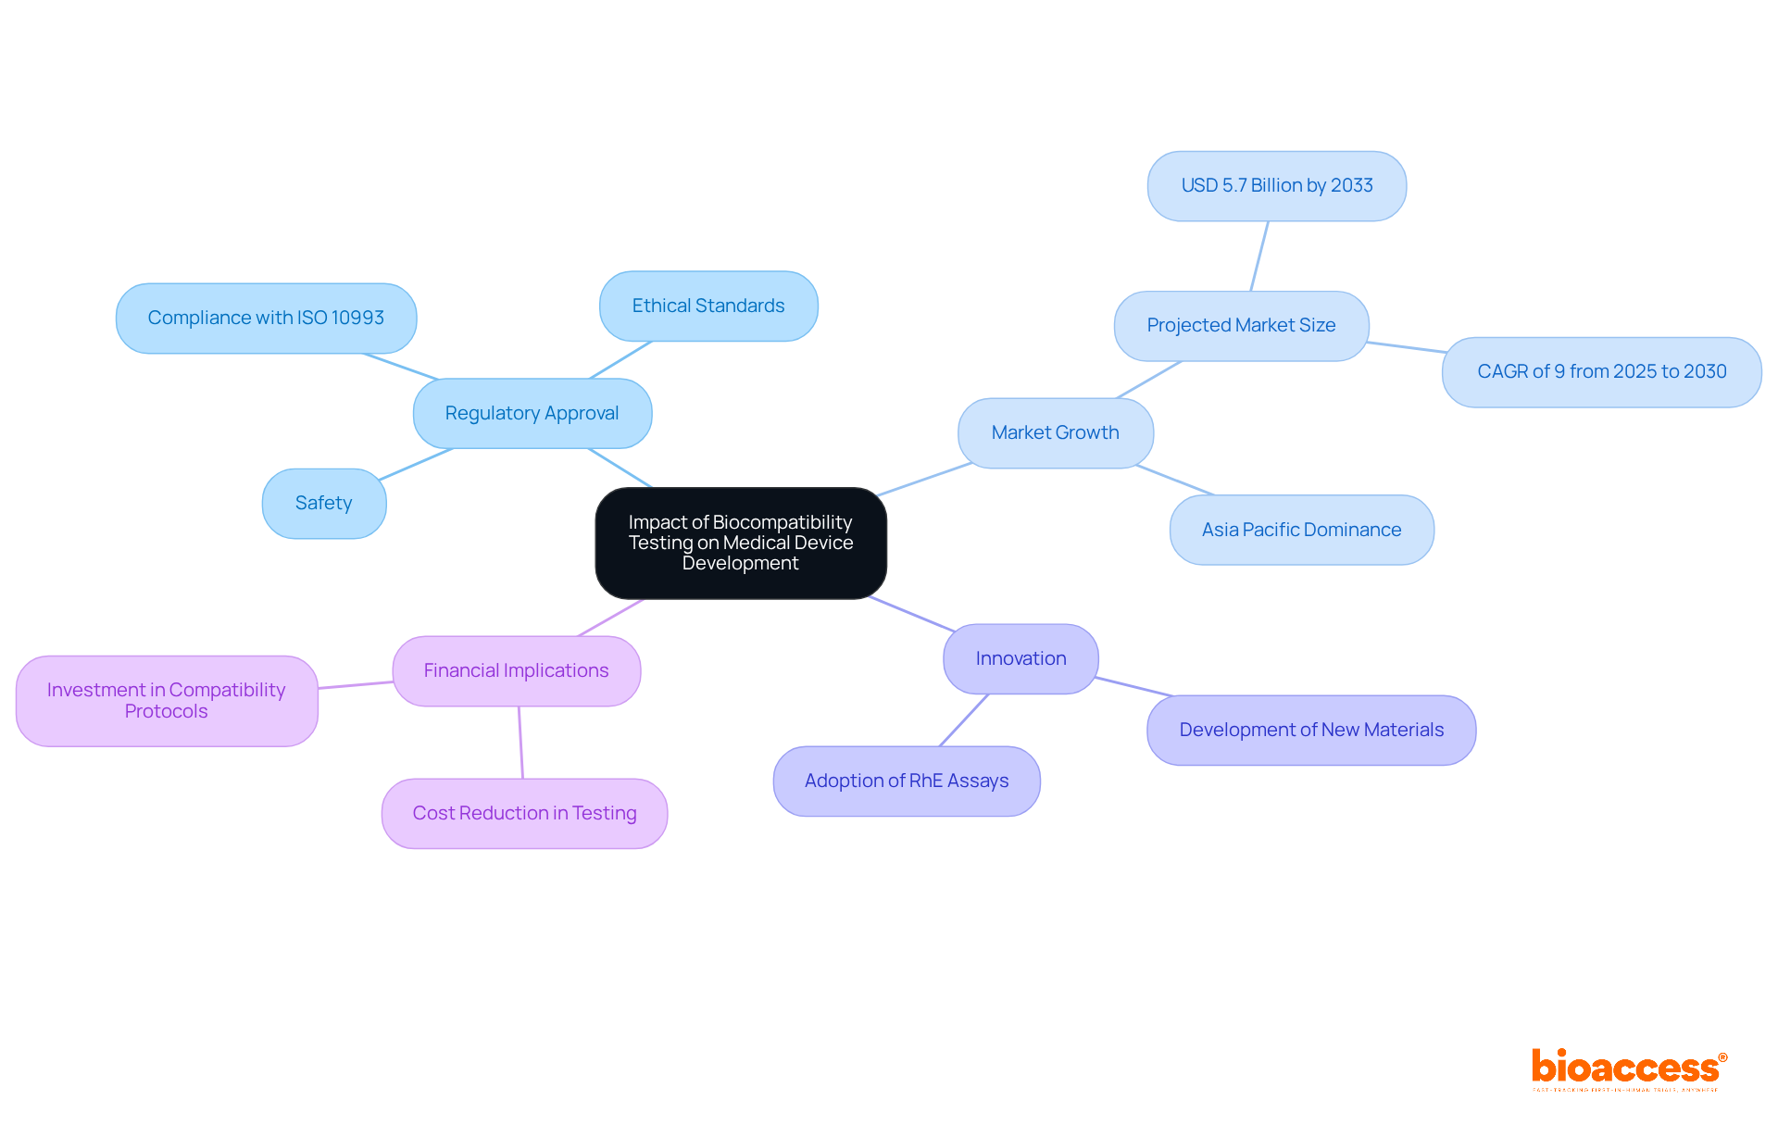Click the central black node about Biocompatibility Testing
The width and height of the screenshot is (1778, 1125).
(x=740, y=543)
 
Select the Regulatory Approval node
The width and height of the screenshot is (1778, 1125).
(x=532, y=413)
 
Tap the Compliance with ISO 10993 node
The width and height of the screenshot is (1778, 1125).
(x=266, y=318)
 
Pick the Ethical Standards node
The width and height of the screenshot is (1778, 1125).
(x=708, y=306)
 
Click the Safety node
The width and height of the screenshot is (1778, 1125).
(x=324, y=503)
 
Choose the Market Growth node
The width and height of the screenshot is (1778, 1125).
(x=1055, y=432)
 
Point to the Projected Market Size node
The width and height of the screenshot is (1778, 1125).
(x=1241, y=325)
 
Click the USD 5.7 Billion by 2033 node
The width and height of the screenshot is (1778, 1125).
(x=1277, y=185)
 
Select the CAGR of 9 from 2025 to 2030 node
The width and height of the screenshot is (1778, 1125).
(x=1601, y=371)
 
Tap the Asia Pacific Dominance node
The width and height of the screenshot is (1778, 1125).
(x=1301, y=530)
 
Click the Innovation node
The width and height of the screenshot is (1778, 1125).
(x=1020, y=658)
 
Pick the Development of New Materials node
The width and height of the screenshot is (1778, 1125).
(x=1311, y=730)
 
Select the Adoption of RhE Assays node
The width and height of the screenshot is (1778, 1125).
(x=907, y=781)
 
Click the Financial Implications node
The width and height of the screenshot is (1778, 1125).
(x=516, y=670)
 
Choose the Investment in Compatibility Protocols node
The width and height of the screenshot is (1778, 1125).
(x=167, y=701)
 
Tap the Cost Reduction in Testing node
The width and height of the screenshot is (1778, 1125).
(x=524, y=813)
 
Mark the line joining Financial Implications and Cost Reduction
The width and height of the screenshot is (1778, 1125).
(x=520, y=742)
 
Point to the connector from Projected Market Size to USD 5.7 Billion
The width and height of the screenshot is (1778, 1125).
(x=1259, y=256)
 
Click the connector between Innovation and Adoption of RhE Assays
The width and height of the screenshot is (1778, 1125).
(x=964, y=719)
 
